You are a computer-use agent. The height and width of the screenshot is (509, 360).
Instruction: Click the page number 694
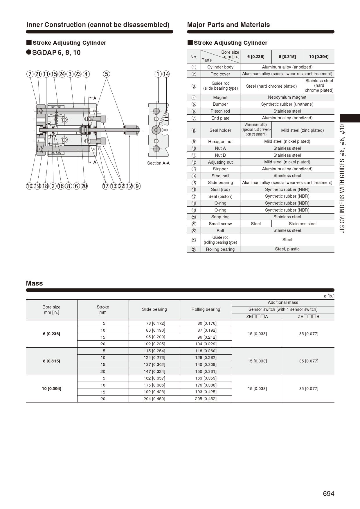(x=328, y=494)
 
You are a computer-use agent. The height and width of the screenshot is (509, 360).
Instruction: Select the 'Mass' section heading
(x=34, y=283)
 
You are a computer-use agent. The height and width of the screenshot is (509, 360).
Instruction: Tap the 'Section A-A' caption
(x=158, y=163)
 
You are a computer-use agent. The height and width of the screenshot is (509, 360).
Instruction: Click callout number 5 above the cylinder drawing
(x=107, y=74)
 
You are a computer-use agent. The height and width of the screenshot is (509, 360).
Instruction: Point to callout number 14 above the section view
(x=166, y=74)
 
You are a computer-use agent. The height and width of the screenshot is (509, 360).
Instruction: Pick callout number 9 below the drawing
(x=137, y=186)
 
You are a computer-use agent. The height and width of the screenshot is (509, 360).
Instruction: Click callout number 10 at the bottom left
(x=29, y=186)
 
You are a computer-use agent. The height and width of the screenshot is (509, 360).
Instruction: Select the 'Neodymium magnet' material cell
(x=287, y=97)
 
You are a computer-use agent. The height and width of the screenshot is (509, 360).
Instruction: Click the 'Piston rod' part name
(x=220, y=111)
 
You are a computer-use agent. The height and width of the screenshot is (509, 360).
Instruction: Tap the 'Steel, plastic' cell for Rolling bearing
(x=287, y=249)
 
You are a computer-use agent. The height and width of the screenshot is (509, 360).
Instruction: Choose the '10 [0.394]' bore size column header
(x=318, y=57)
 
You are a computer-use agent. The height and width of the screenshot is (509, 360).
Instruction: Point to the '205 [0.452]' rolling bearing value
(x=206, y=399)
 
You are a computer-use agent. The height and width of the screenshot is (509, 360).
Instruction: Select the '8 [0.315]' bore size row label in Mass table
(x=51, y=361)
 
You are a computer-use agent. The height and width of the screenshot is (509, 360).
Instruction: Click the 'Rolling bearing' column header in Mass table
(x=206, y=309)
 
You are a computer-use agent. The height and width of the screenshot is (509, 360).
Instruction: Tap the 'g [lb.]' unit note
(x=329, y=296)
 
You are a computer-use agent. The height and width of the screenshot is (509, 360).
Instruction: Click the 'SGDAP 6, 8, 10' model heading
(x=56, y=53)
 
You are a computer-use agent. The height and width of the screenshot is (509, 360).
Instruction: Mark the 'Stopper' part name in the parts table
(x=220, y=169)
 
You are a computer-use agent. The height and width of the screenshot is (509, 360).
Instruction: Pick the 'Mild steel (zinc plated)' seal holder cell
(x=302, y=130)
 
